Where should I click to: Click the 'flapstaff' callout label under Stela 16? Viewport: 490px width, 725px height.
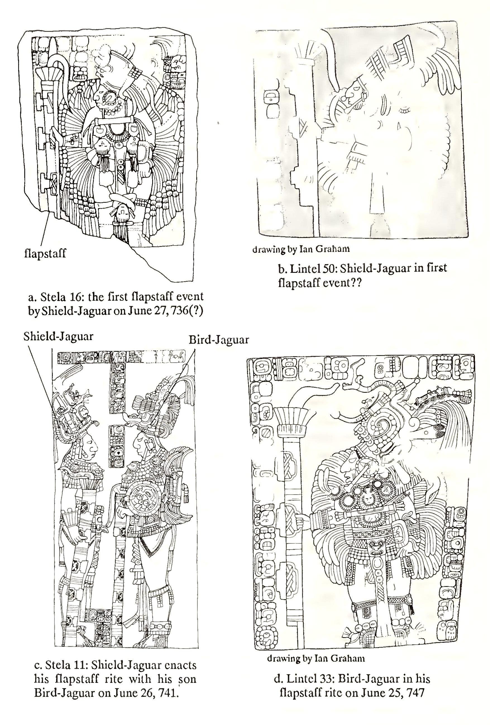coord(45,253)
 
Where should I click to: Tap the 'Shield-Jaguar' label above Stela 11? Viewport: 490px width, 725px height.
coord(58,336)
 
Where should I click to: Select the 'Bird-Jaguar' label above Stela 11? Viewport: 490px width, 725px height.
coord(219,340)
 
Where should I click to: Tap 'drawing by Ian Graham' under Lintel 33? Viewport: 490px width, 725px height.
coord(316,658)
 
